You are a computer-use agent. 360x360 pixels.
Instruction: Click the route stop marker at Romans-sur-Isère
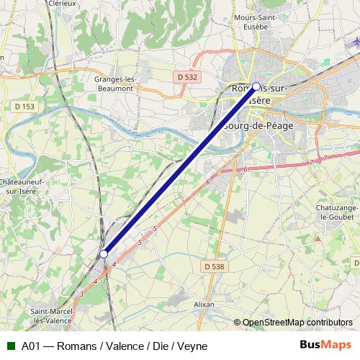point(256,86)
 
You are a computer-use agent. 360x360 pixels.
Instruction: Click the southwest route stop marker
point(104,253)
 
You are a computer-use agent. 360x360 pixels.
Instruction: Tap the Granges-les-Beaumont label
point(114,83)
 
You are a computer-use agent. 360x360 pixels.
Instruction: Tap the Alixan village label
point(204,305)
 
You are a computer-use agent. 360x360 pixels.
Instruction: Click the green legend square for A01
point(9,346)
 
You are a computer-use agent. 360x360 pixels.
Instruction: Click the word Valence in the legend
point(120,346)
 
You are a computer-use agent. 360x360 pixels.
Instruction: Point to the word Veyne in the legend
point(192,346)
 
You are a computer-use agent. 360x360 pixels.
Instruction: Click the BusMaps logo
point(325,345)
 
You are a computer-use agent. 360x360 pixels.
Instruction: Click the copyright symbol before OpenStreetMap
point(238,323)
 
